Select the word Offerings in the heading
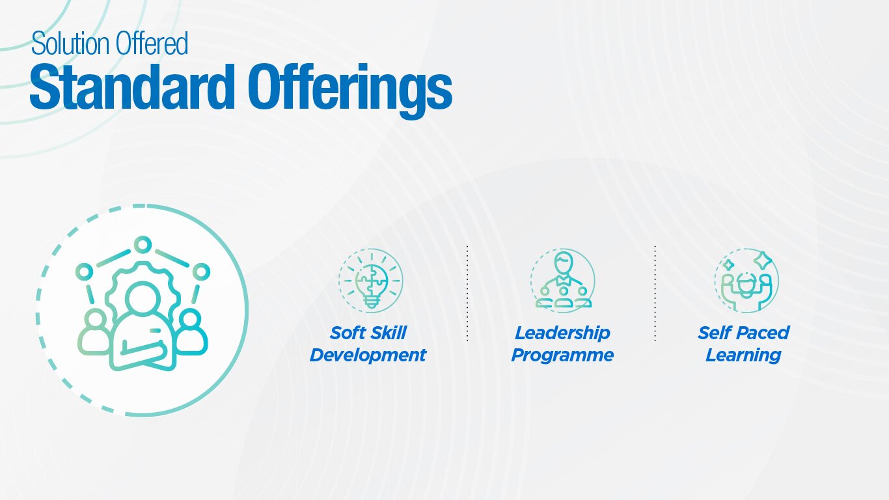coord(350,90)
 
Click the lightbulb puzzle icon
coord(371,281)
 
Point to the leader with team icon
coord(563,281)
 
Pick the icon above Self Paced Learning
coord(746,281)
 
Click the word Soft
coord(346,333)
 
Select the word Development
coord(368,355)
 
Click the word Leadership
coord(562,333)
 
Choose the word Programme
coord(562,355)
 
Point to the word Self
coord(714,333)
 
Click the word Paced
coord(762,333)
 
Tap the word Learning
coord(743,355)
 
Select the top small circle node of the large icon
coord(143,245)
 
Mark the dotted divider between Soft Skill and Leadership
coord(467,294)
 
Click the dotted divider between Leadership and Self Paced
coord(655,294)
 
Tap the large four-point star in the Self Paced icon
coord(762,260)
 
